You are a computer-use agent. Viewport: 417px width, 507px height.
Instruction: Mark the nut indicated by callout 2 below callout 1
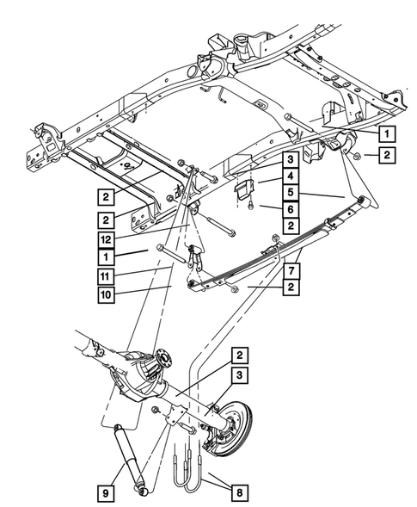coord(354,155)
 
